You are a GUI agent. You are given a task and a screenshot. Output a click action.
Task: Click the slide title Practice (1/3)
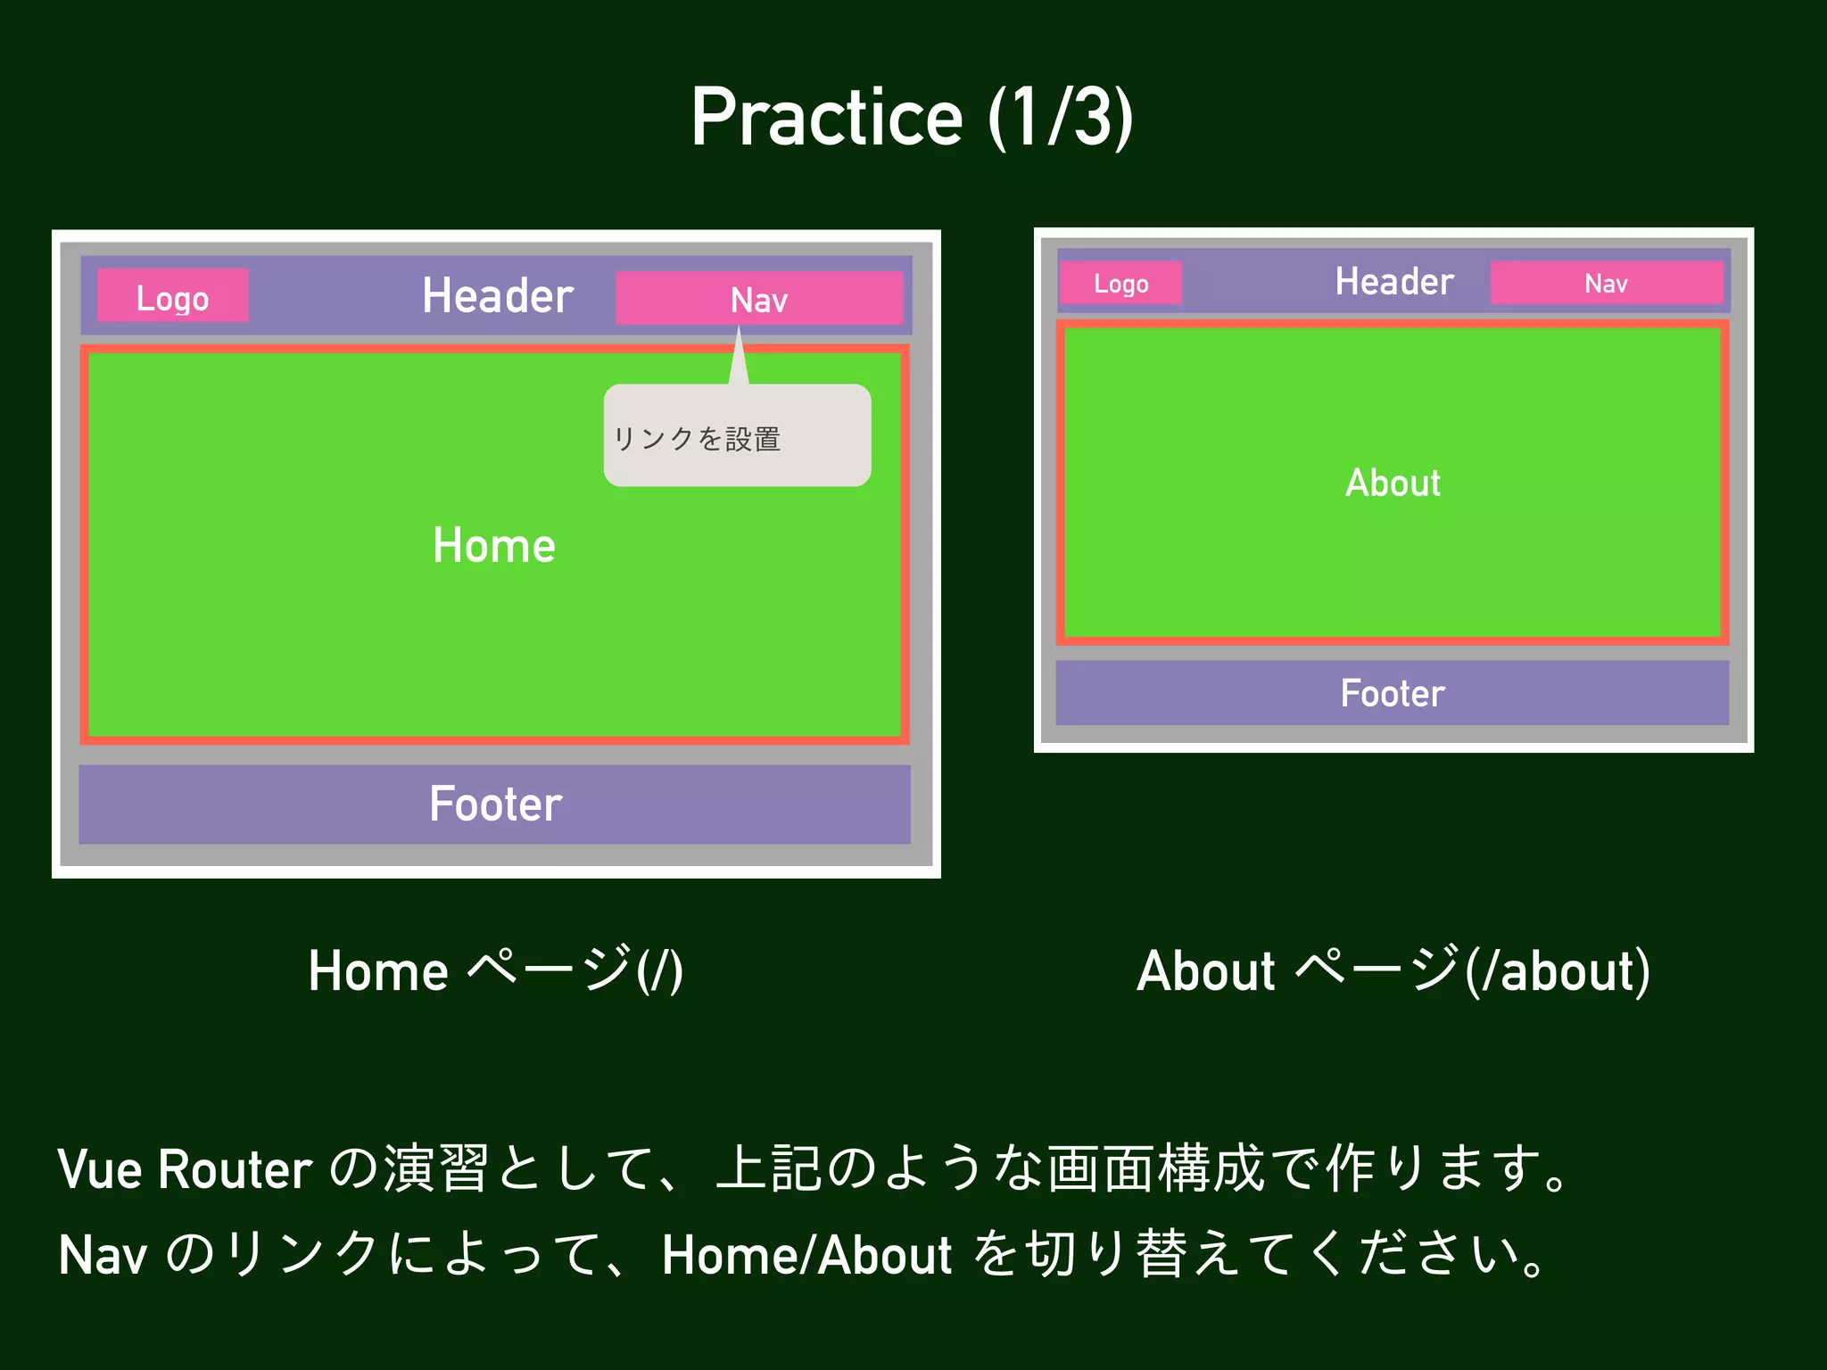tap(912, 118)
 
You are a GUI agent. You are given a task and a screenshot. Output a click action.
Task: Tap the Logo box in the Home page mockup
tap(172, 296)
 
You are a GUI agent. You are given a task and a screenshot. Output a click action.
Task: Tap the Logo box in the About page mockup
tap(1120, 284)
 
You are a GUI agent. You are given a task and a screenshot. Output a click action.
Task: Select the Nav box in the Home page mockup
tap(759, 299)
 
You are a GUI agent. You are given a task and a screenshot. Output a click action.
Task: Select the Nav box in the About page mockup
tap(1606, 283)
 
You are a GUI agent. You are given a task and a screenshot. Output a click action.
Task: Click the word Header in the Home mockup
tap(497, 296)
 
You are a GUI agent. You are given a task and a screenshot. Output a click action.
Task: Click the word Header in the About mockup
tap(1394, 282)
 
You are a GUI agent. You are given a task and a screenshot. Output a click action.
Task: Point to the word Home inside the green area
tap(493, 546)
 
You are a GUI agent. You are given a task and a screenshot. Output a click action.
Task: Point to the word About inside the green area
tap(1393, 483)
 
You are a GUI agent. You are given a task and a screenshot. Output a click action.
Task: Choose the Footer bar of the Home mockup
tap(495, 804)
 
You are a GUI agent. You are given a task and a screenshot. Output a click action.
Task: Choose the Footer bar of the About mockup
tap(1392, 693)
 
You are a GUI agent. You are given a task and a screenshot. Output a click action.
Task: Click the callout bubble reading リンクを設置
tap(737, 437)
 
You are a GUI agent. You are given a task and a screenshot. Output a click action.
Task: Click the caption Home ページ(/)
tap(496, 970)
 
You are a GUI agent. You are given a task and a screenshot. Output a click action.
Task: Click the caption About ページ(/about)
tap(1393, 970)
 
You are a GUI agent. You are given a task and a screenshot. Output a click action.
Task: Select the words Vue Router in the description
tap(185, 1169)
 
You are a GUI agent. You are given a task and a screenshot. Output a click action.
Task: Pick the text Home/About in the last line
tap(806, 1255)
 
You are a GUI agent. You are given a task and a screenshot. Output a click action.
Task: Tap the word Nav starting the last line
tap(103, 1255)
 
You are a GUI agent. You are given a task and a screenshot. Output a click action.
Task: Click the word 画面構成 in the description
tap(1156, 1168)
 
